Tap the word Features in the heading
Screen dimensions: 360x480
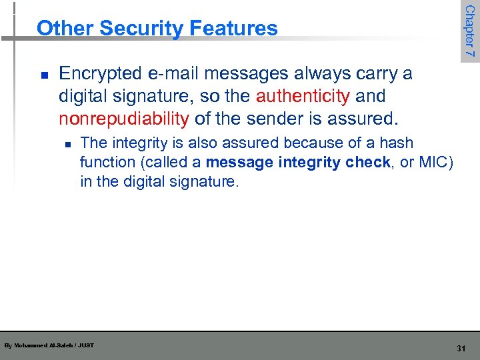pyautogui.click(x=233, y=28)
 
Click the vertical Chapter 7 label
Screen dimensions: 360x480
pyautogui.click(x=469, y=31)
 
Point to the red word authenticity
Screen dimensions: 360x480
pyautogui.click(x=303, y=96)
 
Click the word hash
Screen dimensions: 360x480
pyautogui.click(x=396, y=143)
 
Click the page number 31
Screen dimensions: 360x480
pyautogui.click(x=461, y=349)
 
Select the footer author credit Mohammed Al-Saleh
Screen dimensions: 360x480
pyautogui.click(x=48, y=345)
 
